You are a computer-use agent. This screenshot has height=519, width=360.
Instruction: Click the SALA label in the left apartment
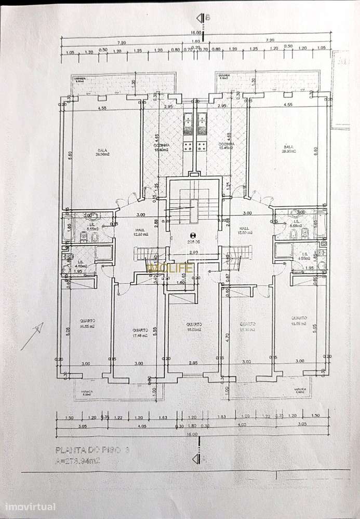101,152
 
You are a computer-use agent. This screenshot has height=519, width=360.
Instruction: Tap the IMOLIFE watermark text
171,267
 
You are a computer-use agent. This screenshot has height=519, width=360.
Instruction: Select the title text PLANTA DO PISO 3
92,450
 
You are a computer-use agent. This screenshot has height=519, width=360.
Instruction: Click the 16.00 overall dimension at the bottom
193,433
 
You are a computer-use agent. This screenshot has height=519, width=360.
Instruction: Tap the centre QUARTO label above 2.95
194,326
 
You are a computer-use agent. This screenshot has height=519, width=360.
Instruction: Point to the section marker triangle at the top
201,18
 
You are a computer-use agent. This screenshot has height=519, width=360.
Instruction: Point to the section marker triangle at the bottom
196,459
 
